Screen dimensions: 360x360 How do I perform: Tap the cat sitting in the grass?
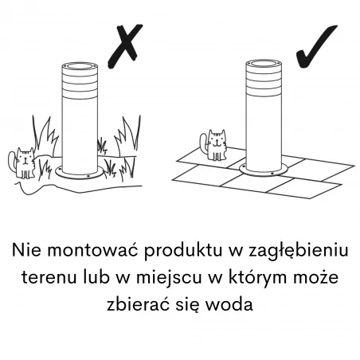tap(26, 163)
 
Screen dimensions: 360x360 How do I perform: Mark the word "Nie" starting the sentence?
tap(27, 250)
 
